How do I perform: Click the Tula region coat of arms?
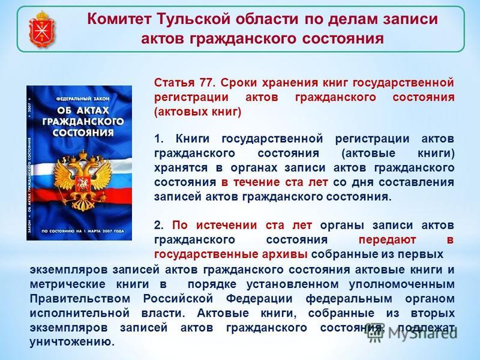coord(42,29)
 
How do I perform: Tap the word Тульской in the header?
coord(193,19)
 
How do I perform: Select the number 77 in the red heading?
coord(206,83)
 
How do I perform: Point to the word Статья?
coord(174,83)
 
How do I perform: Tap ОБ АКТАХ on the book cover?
coord(83,110)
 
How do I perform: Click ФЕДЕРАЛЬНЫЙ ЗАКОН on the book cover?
coord(83,99)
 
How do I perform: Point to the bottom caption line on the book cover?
coord(83,231)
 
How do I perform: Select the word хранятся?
coord(181,168)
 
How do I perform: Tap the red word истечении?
coord(227,226)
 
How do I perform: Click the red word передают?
coord(387,239)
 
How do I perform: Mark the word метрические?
coord(67,284)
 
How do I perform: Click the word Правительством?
coord(80,298)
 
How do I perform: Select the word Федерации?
coord(259,299)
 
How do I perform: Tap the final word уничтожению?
coord(72,342)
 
